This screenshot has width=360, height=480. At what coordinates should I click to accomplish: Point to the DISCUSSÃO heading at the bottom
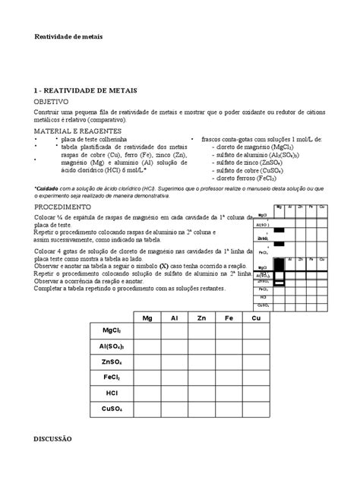click(52, 438)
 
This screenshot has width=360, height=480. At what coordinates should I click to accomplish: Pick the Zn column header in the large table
click(201, 317)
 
